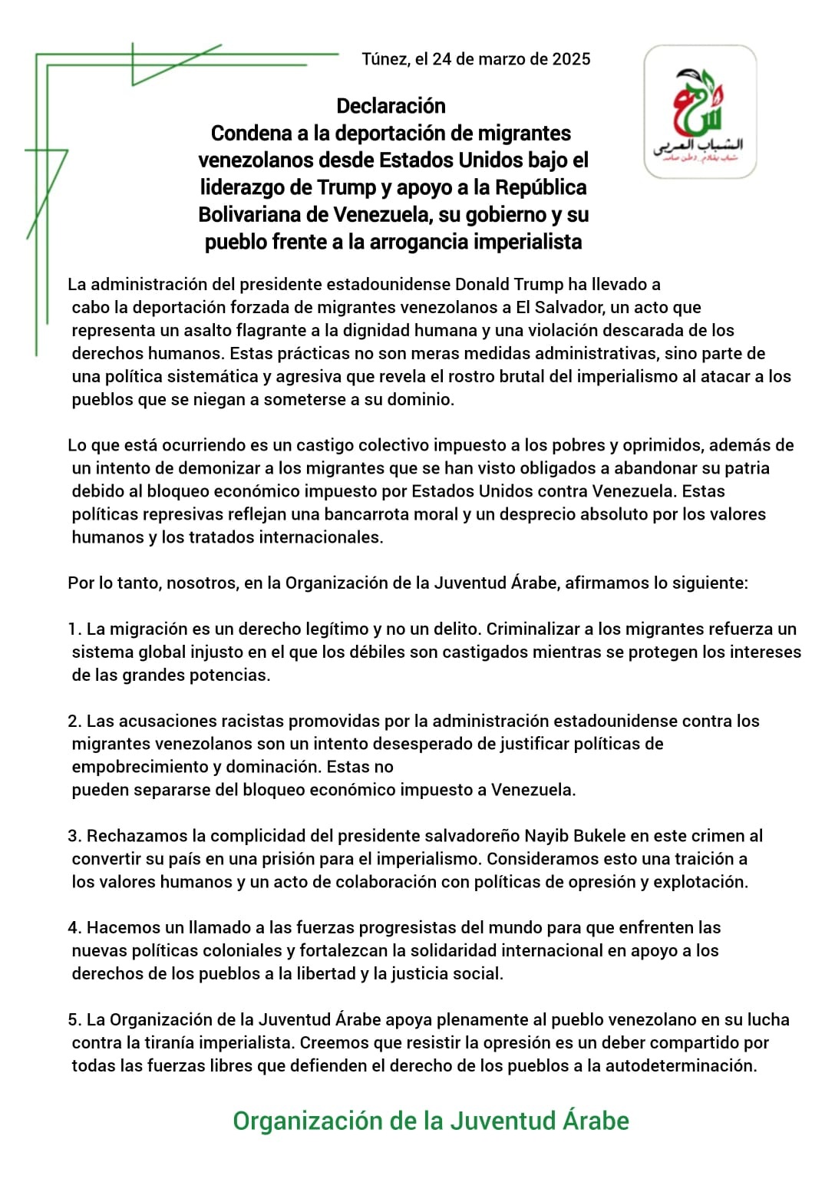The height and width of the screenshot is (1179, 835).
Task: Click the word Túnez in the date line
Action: tap(384, 59)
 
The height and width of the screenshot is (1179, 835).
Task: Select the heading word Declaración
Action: tap(391, 106)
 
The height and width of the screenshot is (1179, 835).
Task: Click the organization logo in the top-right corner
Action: tap(699, 112)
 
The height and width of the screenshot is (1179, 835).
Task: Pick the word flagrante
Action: tap(282, 331)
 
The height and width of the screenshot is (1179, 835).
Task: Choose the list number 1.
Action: tap(74, 629)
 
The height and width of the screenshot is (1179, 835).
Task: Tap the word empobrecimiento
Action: tap(135, 767)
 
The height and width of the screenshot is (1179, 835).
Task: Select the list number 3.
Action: tap(74, 836)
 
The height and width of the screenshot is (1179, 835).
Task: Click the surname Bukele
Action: tap(595, 836)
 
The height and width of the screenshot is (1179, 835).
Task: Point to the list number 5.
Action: tap(74, 1020)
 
